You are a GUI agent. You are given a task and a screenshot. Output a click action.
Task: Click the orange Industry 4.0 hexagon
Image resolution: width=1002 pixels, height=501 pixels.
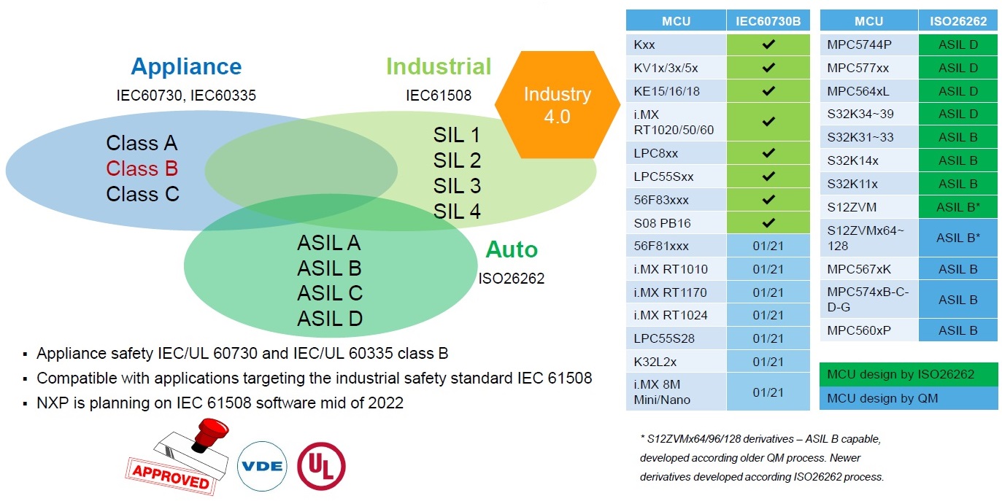click(x=557, y=105)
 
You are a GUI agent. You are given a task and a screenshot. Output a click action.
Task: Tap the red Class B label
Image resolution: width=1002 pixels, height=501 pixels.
click(x=142, y=168)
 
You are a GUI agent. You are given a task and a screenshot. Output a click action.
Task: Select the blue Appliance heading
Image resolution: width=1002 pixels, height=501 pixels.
click(x=186, y=67)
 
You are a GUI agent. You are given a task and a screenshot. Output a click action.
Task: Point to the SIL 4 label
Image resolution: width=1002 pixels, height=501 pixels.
click(x=457, y=211)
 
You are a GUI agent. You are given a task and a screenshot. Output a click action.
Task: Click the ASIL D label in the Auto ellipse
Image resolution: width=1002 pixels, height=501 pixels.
click(x=330, y=319)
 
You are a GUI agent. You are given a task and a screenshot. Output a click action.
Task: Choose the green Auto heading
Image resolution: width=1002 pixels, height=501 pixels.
click(x=512, y=250)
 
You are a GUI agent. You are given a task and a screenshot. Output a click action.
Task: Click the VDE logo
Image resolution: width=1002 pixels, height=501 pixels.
click(x=262, y=465)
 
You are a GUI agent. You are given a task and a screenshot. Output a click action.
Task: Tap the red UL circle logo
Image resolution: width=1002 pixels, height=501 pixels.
click(x=321, y=465)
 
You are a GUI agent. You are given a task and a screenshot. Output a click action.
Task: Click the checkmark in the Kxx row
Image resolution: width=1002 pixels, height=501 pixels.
click(x=768, y=44)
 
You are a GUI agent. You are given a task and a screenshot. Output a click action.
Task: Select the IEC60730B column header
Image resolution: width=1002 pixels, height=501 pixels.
click(x=768, y=21)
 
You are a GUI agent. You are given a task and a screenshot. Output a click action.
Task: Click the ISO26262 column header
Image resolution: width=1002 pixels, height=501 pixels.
click(x=958, y=21)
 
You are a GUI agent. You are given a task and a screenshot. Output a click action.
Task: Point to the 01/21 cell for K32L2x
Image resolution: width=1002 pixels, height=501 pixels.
click(x=768, y=362)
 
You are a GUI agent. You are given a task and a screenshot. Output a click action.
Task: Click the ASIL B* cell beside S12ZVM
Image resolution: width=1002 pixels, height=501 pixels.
click(x=958, y=207)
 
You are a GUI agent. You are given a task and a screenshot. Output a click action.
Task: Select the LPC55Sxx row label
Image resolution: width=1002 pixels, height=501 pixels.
click(x=664, y=176)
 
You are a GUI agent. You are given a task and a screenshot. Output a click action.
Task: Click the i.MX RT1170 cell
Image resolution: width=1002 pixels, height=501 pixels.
click(x=671, y=292)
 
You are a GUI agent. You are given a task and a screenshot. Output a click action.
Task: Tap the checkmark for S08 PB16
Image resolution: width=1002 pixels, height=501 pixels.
click(x=768, y=222)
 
